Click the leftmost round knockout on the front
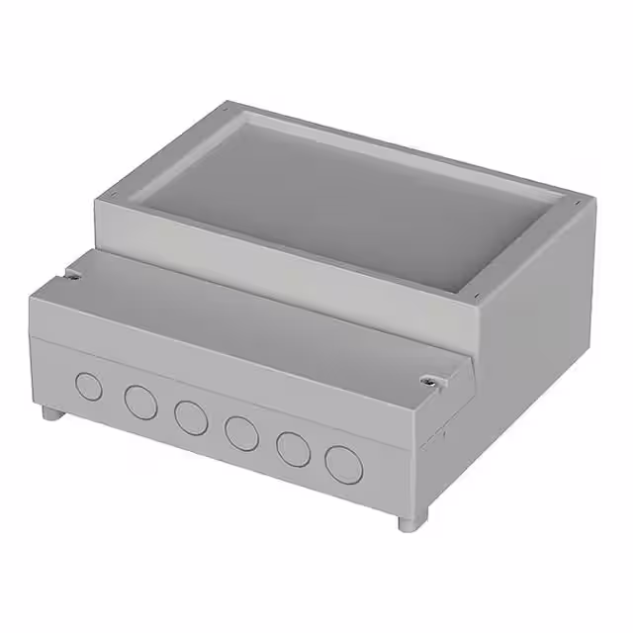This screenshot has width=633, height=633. click(x=89, y=387)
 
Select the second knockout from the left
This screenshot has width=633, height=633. click(x=139, y=402)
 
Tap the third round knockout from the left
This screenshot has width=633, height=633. click(x=190, y=416)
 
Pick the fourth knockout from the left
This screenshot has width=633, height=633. click(x=241, y=431)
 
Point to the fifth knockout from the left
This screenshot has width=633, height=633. click(x=293, y=448)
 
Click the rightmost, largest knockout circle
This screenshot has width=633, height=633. click(x=344, y=463)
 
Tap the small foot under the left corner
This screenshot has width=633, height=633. click(x=48, y=411)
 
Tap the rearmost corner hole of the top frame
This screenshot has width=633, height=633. click(x=226, y=106)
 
